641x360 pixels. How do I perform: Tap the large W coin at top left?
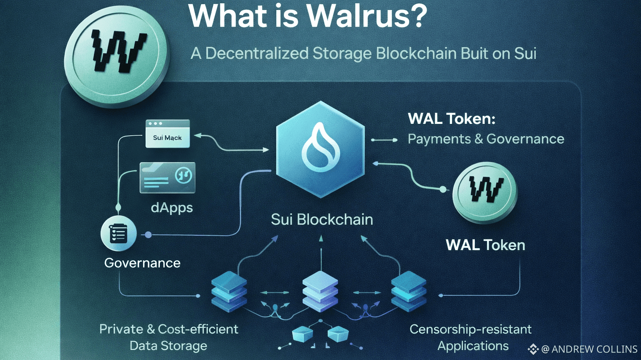pyautogui.click(x=116, y=54)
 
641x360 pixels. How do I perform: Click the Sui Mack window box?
pyautogui.click(x=167, y=134)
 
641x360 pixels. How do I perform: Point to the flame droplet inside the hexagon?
pyautogui.click(x=320, y=148)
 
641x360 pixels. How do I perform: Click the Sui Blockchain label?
pyautogui.click(x=322, y=219)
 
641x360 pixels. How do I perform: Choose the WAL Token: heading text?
pyautogui.click(x=452, y=119)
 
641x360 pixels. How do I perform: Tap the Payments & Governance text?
pyautogui.click(x=486, y=139)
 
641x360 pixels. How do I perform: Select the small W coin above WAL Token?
pyautogui.click(x=485, y=192)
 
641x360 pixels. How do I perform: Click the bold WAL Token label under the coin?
pyautogui.click(x=485, y=245)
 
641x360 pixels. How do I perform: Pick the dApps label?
pyautogui.click(x=172, y=208)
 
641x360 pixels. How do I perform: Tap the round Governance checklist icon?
pyautogui.click(x=119, y=234)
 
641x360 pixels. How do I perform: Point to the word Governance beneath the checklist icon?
pyautogui.click(x=142, y=263)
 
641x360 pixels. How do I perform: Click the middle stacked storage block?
pyautogui.click(x=320, y=291)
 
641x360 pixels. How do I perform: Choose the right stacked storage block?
pyautogui.click(x=409, y=291)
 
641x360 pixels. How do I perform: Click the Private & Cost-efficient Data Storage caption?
pyautogui.click(x=169, y=337)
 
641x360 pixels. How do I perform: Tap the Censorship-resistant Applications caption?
pyautogui.click(x=471, y=337)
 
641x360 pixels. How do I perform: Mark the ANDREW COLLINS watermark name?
pyautogui.click(x=594, y=349)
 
